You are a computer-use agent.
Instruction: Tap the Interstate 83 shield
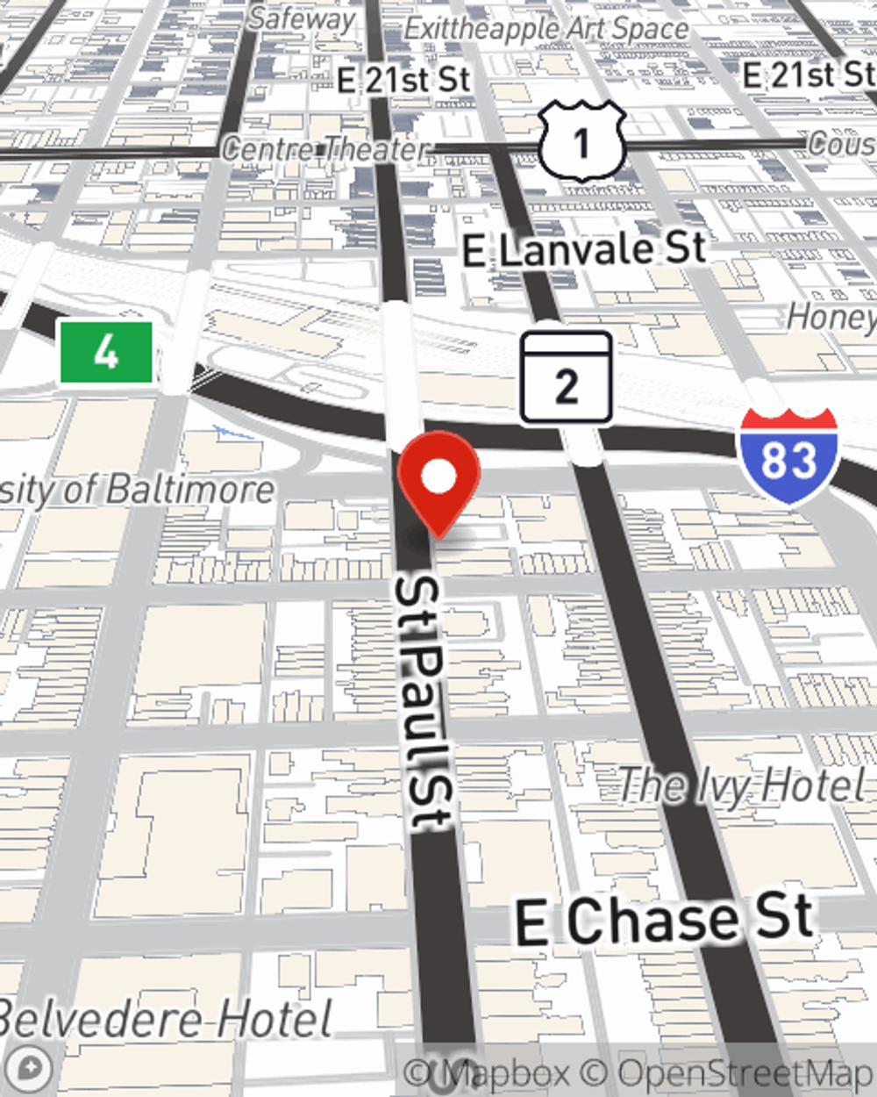[788, 456]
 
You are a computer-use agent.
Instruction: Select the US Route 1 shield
[581, 141]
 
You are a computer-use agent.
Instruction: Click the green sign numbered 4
[106, 353]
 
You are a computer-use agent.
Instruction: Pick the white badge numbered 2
[566, 378]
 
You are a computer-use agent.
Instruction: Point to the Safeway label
[302, 18]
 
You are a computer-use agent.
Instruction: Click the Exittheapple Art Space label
[545, 28]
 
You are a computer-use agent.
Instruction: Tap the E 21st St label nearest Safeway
[404, 80]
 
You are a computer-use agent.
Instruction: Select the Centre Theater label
[325, 149]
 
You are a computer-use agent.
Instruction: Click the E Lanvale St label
[584, 250]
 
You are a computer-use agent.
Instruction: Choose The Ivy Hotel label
[742, 785]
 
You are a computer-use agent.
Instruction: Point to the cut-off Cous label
[842, 143]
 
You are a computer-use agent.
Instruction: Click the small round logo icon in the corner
[30, 1069]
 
